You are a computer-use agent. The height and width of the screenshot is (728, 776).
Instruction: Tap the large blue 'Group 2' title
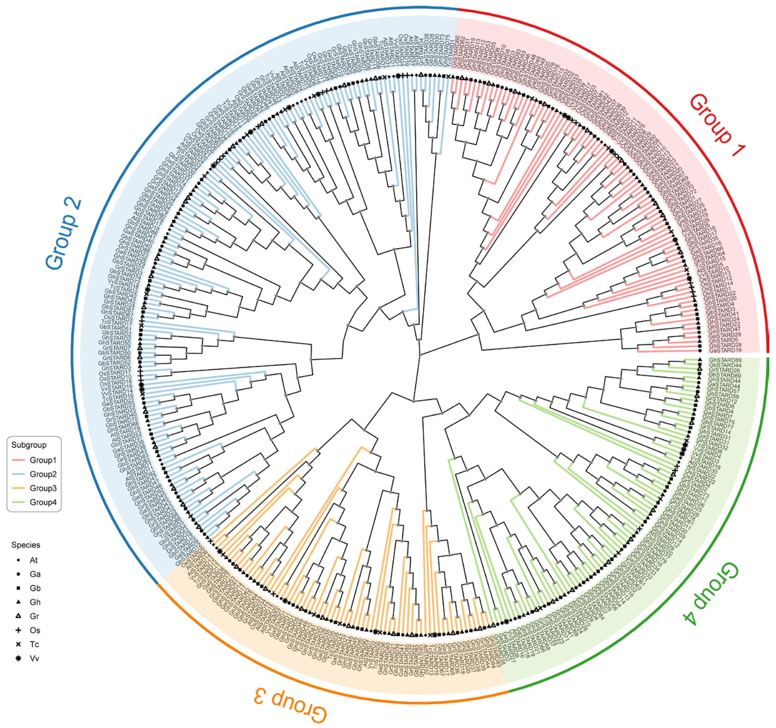[64, 235]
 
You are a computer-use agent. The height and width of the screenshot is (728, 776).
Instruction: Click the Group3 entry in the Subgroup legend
[43, 488]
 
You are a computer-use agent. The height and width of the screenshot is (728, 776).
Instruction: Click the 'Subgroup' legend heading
[29, 445]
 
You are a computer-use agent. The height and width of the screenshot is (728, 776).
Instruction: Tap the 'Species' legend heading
[26, 545]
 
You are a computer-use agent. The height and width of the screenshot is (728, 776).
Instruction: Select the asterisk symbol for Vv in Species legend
[18, 658]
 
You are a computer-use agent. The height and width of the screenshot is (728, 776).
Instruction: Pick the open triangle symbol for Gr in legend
[18, 616]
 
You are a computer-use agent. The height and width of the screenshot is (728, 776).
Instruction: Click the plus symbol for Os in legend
[18, 630]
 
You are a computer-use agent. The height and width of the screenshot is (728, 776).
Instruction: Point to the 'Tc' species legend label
[34, 644]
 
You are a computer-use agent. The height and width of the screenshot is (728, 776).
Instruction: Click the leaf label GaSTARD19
[725, 350]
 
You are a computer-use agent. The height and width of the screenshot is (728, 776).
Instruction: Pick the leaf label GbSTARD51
[115, 328]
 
